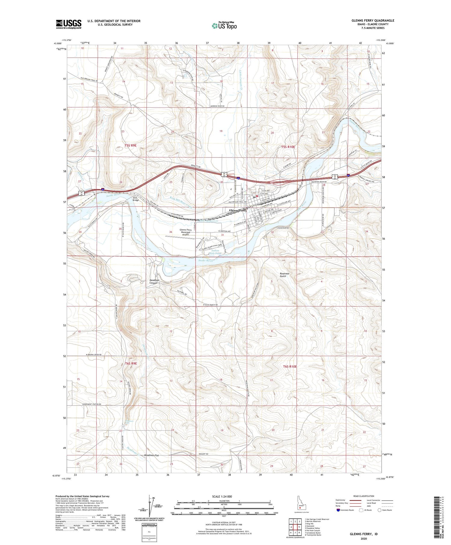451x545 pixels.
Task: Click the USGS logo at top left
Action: point(69,24)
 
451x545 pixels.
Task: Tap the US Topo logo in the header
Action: point(224,26)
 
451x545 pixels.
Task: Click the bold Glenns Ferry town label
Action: point(238,211)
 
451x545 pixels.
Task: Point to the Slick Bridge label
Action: point(136,199)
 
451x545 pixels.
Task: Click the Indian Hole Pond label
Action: point(216,252)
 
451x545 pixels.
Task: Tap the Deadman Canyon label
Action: point(155,282)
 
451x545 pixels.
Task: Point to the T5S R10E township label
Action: point(288,147)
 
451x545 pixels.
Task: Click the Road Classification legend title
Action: point(364,496)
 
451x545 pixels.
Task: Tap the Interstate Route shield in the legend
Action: point(338,510)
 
